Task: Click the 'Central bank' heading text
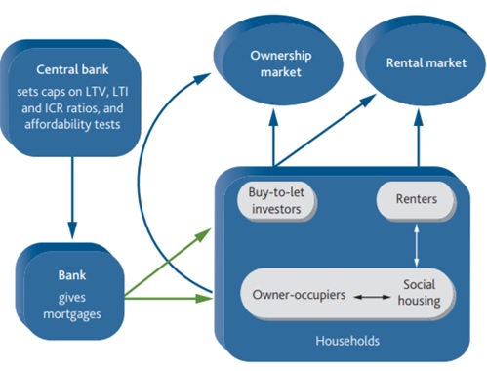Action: coord(72,69)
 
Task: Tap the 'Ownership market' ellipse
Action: coord(278,62)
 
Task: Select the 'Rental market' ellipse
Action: coord(422,61)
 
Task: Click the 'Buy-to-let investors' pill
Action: coord(276,201)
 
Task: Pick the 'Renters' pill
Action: coord(416,199)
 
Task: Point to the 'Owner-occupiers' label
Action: coord(299,295)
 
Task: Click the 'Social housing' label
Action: coord(419,292)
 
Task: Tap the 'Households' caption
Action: coord(347,341)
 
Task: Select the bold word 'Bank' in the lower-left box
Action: coord(72,275)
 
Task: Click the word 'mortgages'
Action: coord(72,314)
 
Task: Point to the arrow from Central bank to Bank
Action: coord(72,198)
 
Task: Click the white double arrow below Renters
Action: coord(417,246)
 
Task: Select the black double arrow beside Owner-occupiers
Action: coord(372,297)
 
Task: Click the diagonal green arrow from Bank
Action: coord(168,263)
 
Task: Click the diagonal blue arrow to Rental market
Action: coord(325,131)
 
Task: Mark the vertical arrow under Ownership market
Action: coord(274,138)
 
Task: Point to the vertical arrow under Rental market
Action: coord(419,138)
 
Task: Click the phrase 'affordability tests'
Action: coord(72,124)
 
